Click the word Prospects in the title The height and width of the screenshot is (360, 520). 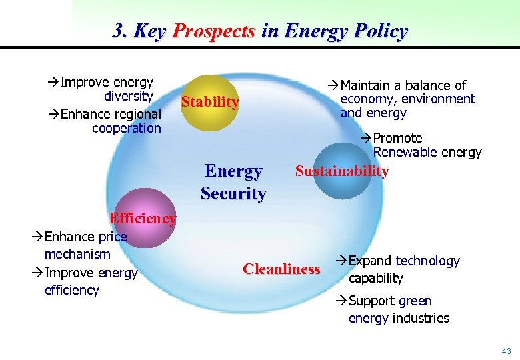(x=214, y=31)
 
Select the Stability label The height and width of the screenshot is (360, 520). (x=210, y=102)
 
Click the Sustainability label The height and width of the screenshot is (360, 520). (x=342, y=171)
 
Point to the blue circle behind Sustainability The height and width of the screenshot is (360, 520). (x=341, y=187)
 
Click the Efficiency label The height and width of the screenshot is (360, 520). (x=143, y=218)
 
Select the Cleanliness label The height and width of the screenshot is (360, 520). (x=282, y=269)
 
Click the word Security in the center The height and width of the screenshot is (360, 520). (x=233, y=194)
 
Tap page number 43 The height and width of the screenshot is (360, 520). (x=507, y=351)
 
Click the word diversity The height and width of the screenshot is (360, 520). (x=129, y=96)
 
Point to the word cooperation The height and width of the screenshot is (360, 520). (x=127, y=128)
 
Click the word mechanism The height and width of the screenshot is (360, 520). (x=77, y=254)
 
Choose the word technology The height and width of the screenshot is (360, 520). (x=427, y=261)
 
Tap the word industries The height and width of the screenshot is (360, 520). (x=421, y=318)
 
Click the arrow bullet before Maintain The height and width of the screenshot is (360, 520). (x=333, y=85)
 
